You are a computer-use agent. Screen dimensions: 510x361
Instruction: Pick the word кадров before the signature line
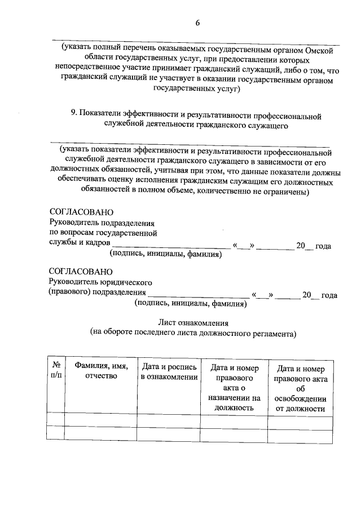click(98, 245)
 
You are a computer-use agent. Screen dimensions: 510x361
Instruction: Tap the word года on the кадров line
click(323, 246)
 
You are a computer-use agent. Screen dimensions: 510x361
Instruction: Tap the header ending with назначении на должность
click(234, 388)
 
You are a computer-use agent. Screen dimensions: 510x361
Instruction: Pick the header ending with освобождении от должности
click(299, 388)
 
